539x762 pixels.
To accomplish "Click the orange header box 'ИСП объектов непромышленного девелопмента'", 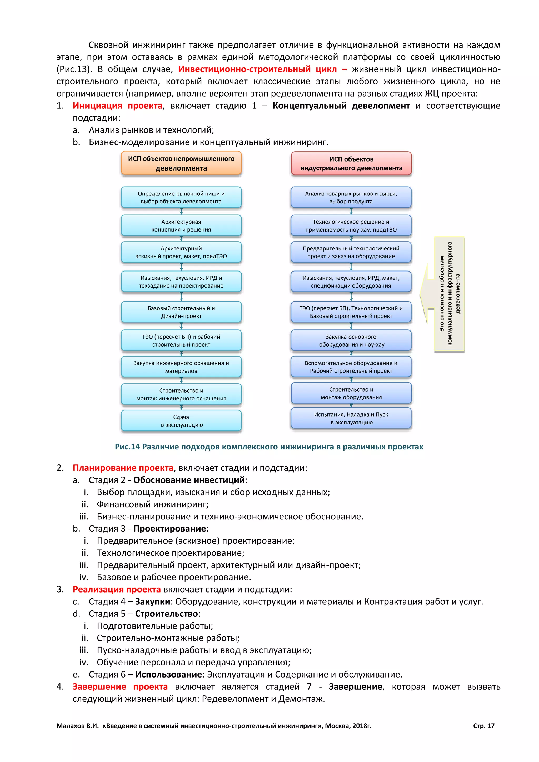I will (181, 163).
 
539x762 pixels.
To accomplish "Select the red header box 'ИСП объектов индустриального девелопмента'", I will (351, 164).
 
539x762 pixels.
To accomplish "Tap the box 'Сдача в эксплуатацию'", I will (181, 421).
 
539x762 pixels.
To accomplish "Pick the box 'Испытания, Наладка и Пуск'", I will (351, 418).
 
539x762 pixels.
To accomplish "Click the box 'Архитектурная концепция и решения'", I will (181, 226).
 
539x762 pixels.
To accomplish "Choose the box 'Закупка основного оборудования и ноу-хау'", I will (351, 340).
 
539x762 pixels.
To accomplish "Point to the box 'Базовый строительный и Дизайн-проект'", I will (181, 312).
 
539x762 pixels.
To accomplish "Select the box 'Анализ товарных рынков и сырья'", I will (351, 197).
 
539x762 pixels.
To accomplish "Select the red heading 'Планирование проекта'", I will (123, 468).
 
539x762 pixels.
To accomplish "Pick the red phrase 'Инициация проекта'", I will (117, 106).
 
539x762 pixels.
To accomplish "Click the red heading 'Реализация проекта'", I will (117, 589).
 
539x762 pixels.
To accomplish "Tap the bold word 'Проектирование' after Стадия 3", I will (169, 529).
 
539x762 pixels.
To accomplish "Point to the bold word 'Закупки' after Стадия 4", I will (152, 602).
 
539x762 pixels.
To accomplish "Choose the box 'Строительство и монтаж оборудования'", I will (351, 393).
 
